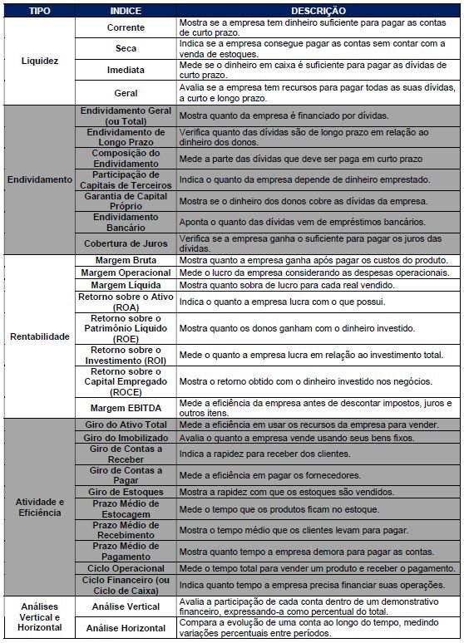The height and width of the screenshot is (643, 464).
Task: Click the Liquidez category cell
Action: coord(39,61)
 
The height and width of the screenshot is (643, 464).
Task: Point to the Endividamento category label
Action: coord(39,179)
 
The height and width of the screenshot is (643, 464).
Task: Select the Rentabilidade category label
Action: coord(39,337)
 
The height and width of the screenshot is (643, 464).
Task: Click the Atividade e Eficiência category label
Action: coord(39,507)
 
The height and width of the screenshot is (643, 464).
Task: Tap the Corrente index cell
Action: coord(126,27)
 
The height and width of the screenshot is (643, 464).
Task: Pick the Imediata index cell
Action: coord(126,71)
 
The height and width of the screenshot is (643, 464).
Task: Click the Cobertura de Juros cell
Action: coord(126,243)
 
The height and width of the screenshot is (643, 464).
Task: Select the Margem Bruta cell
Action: coord(126,260)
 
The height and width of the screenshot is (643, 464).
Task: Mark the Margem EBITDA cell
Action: coord(126,408)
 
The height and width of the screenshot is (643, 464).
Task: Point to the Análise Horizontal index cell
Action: coord(126,630)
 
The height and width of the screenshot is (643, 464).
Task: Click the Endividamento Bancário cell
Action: coord(126,222)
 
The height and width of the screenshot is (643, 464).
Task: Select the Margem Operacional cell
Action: coord(126,272)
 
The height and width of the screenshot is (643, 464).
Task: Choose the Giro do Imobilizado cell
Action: coord(126,438)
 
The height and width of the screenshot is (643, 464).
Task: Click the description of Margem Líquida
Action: coord(317,285)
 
